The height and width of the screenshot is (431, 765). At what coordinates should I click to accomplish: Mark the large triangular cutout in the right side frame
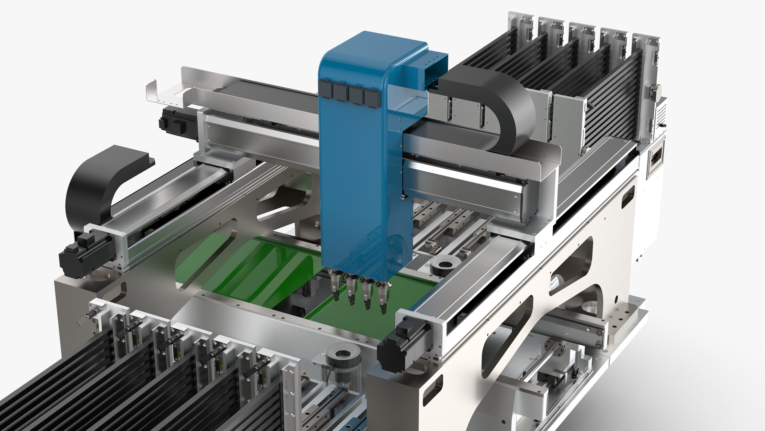(570, 265)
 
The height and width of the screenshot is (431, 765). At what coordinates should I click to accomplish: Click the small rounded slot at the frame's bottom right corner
(432, 387)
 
